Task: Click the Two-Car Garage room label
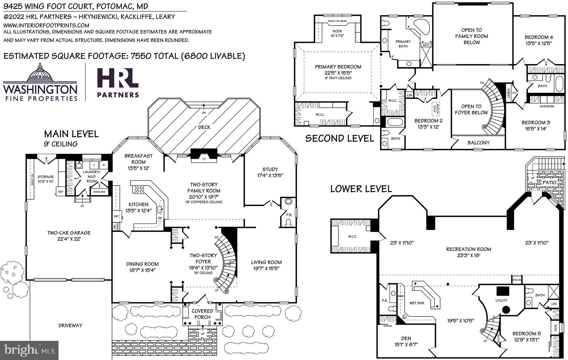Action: coord(69,233)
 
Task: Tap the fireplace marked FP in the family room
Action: coord(204,159)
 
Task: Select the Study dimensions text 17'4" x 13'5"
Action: coord(270,176)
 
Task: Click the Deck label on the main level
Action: coord(204,127)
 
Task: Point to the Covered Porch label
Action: coord(202,314)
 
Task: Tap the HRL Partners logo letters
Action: coord(118,79)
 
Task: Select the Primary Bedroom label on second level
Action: coord(338,67)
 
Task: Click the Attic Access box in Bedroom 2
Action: coord(436,108)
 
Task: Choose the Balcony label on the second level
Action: coord(478,143)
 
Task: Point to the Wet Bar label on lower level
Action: coord(417,303)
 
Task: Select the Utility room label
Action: coord(501,301)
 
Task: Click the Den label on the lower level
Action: coord(406,338)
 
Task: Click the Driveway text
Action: coord(70,326)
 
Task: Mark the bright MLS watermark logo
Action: coord(29,351)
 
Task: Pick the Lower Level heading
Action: coord(361,189)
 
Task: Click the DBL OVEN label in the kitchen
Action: coord(116,227)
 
